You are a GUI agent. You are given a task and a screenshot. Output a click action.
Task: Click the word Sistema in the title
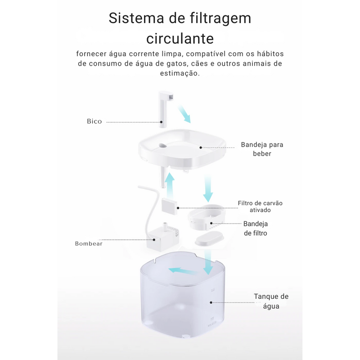click(136, 18)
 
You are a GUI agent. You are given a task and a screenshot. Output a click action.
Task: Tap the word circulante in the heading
click(180, 38)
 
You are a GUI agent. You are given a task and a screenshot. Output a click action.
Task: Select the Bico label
click(94, 121)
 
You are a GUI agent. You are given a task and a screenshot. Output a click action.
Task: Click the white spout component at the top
click(166, 108)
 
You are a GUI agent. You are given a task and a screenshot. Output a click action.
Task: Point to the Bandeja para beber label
click(262, 149)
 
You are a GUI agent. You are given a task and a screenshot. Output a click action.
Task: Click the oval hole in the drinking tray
click(163, 145)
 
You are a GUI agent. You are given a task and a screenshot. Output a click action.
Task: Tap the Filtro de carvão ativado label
click(260, 207)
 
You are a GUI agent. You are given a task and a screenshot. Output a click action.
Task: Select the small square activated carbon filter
click(170, 206)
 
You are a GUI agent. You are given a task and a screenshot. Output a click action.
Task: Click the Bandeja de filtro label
click(256, 229)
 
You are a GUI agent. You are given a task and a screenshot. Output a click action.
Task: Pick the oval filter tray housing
click(206, 217)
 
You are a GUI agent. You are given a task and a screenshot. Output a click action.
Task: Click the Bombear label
click(89, 243)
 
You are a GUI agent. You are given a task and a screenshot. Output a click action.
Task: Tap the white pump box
click(163, 239)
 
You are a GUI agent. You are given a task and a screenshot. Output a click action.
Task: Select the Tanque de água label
click(271, 301)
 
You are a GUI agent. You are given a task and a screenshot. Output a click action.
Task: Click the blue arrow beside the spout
click(184, 113)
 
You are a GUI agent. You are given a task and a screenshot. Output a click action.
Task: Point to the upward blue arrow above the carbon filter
click(170, 186)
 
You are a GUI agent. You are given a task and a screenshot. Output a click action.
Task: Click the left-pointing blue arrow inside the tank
click(183, 271)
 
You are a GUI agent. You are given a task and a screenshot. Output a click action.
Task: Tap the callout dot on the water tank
click(211, 302)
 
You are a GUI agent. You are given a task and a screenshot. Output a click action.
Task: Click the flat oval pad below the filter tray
click(209, 238)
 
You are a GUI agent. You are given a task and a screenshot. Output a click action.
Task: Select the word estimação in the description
click(180, 73)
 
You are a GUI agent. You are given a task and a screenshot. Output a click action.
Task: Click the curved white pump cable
click(149, 207)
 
